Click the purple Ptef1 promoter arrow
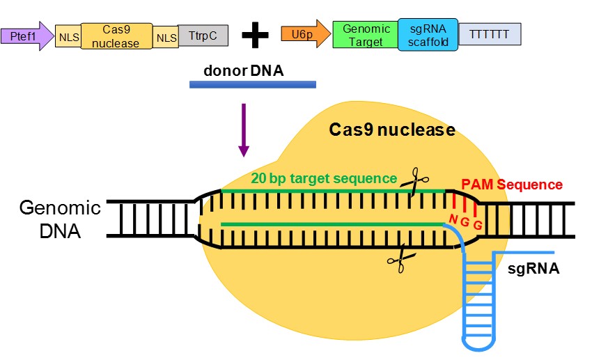point(26,36)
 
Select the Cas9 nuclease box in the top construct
point(116,36)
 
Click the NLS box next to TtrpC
point(166,36)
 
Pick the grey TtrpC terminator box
point(203,36)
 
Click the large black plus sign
point(255,35)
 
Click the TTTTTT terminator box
point(488,33)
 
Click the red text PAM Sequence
point(511,185)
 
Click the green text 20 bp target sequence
point(325,178)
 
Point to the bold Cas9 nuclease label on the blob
point(392,130)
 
